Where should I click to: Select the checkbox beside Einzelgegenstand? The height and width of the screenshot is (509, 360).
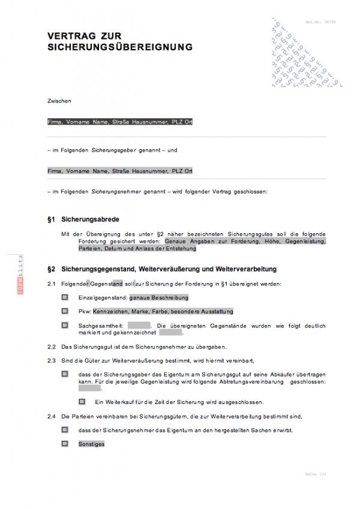click(x=64, y=297)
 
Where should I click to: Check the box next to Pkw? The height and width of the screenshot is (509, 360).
click(x=64, y=311)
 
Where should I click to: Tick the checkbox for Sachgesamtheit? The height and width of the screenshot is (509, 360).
click(x=64, y=326)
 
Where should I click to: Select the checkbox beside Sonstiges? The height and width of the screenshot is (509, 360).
click(x=64, y=444)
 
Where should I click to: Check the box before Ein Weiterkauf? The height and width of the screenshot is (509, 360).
click(x=82, y=401)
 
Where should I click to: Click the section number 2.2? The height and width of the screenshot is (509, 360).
click(x=52, y=347)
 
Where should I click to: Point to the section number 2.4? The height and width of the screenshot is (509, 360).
click(x=52, y=415)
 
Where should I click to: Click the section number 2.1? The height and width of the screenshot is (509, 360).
click(x=52, y=283)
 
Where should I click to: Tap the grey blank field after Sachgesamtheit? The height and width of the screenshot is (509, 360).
click(x=139, y=326)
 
